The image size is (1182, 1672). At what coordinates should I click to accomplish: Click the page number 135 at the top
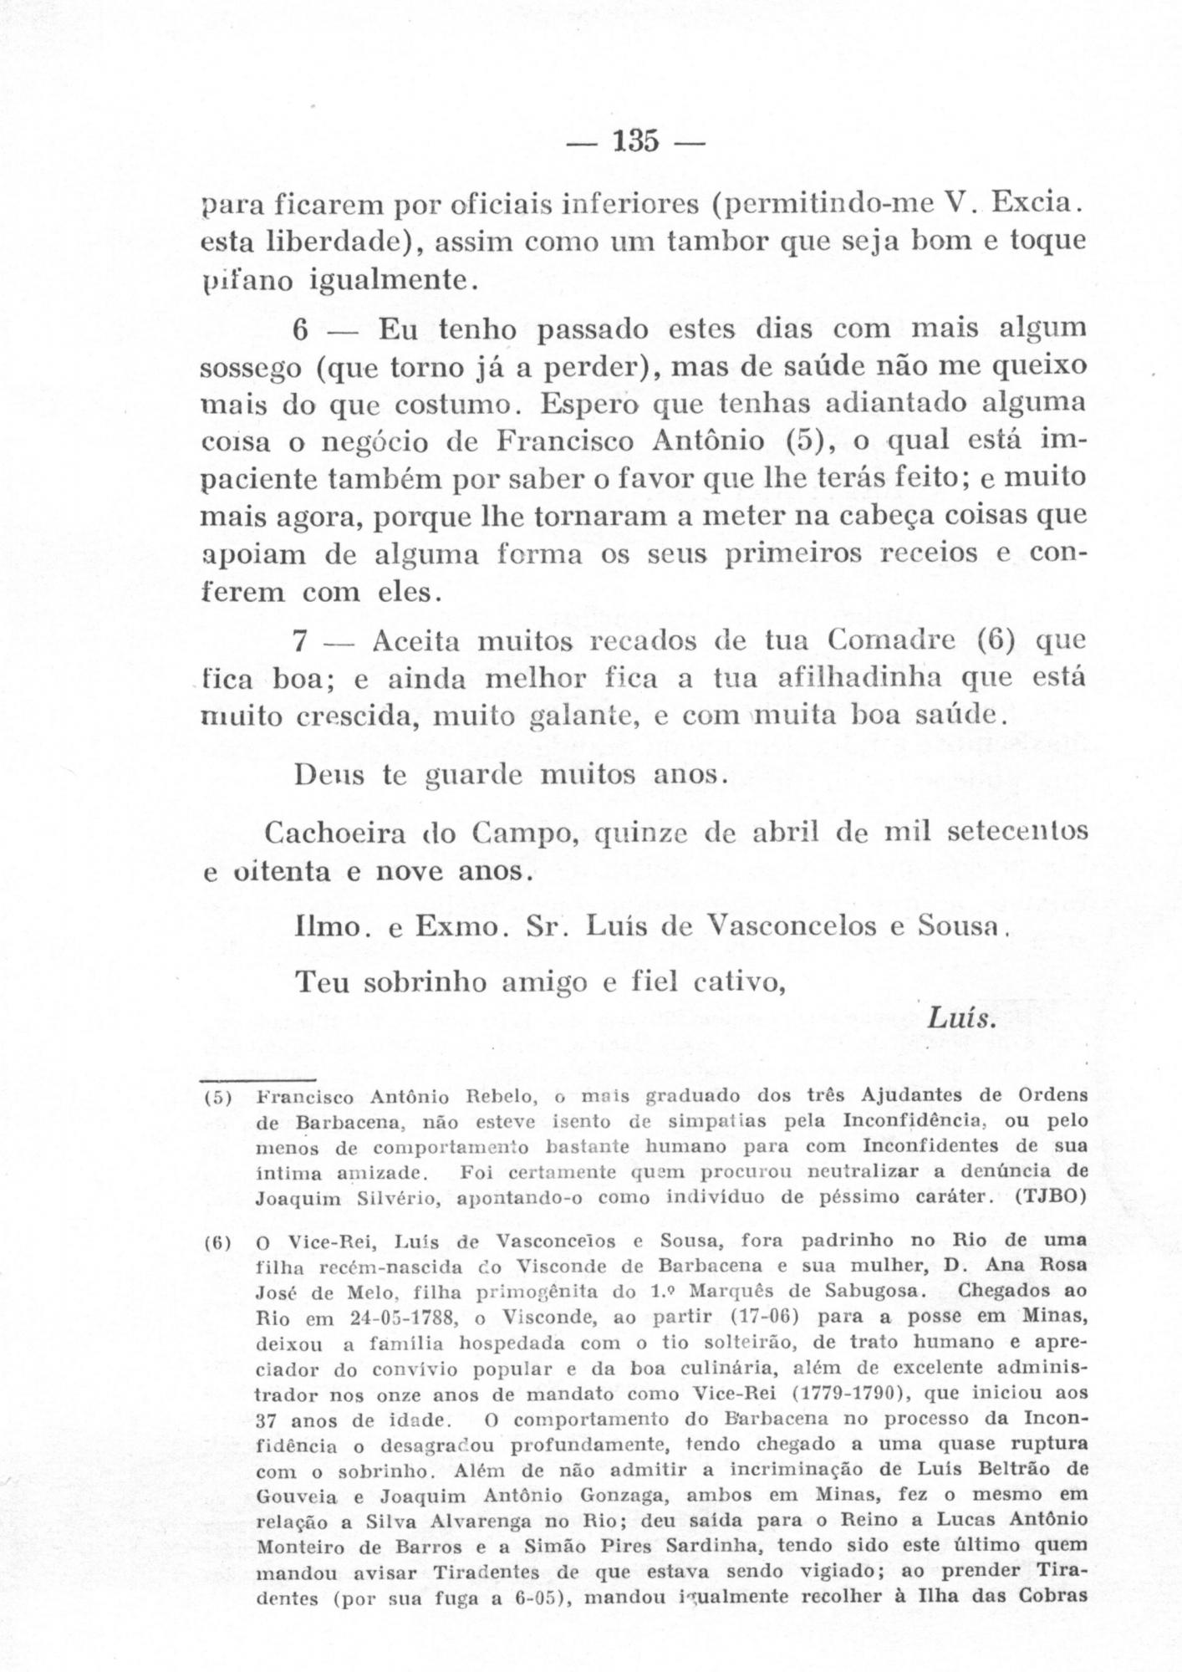[635, 140]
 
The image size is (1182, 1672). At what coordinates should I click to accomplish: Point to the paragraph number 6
[301, 330]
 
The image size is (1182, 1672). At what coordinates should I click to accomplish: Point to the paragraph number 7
[301, 642]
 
